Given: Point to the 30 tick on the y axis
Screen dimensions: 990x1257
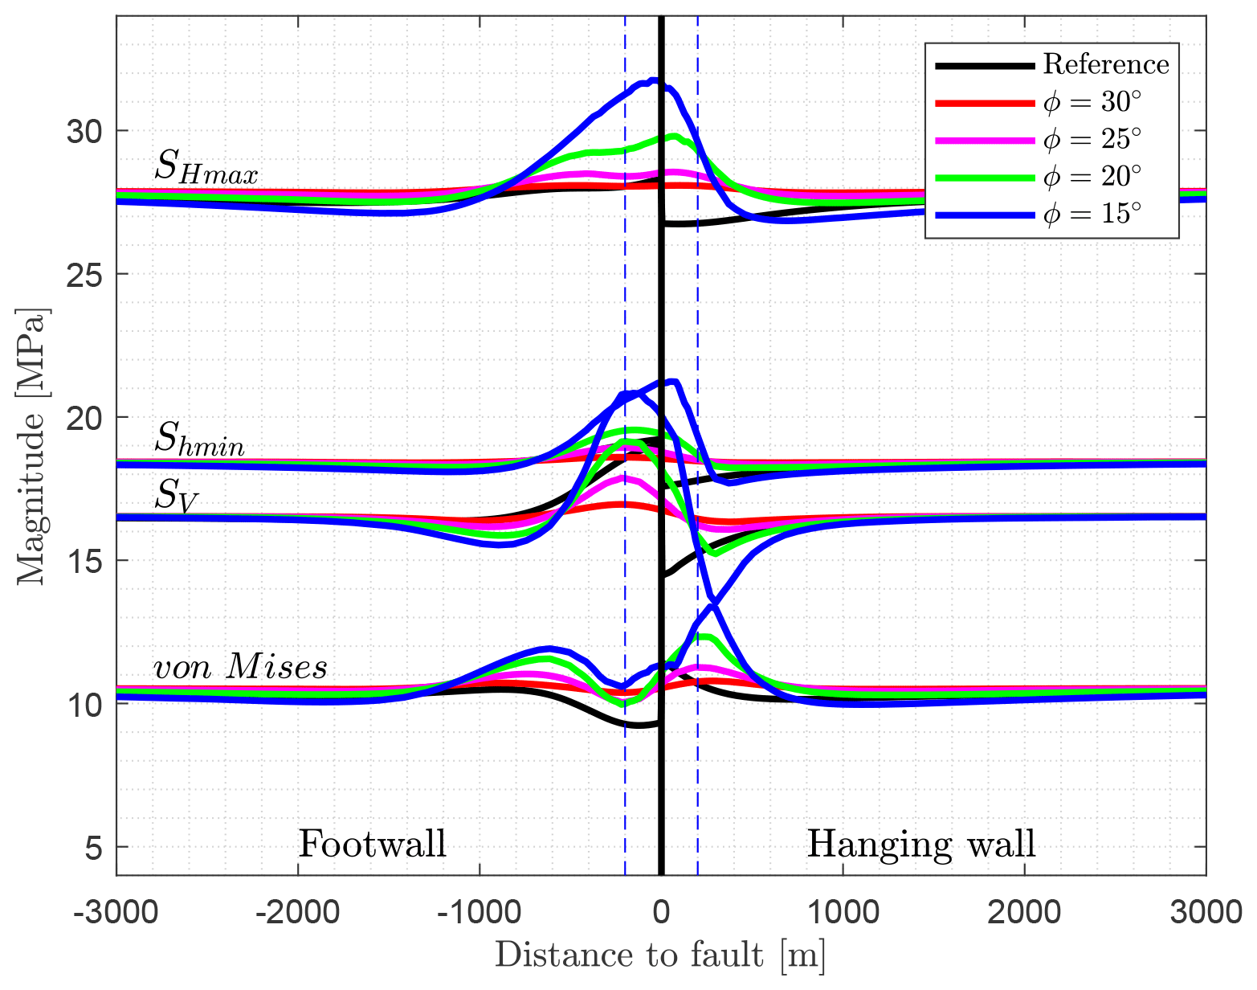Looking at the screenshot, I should click(x=85, y=131).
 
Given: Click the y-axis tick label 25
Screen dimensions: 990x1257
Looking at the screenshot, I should click(x=85, y=274).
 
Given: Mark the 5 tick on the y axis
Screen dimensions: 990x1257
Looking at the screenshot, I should click(x=94, y=848).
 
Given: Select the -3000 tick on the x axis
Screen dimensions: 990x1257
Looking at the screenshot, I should click(x=116, y=913).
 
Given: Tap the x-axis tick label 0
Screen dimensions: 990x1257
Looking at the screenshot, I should click(x=661, y=913).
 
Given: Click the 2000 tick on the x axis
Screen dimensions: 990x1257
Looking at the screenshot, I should click(x=1024, y=913).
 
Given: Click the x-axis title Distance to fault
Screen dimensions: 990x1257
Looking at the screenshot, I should click(x=660, y=955).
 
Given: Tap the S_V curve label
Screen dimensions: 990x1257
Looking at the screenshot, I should click(x=176, y=495).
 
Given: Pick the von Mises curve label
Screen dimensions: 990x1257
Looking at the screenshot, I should click(x=240, y=667).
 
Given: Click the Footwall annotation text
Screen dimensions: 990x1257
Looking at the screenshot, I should click(x=372, y=845).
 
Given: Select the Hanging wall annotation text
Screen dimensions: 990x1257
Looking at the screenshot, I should click(x=921, y=845).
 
